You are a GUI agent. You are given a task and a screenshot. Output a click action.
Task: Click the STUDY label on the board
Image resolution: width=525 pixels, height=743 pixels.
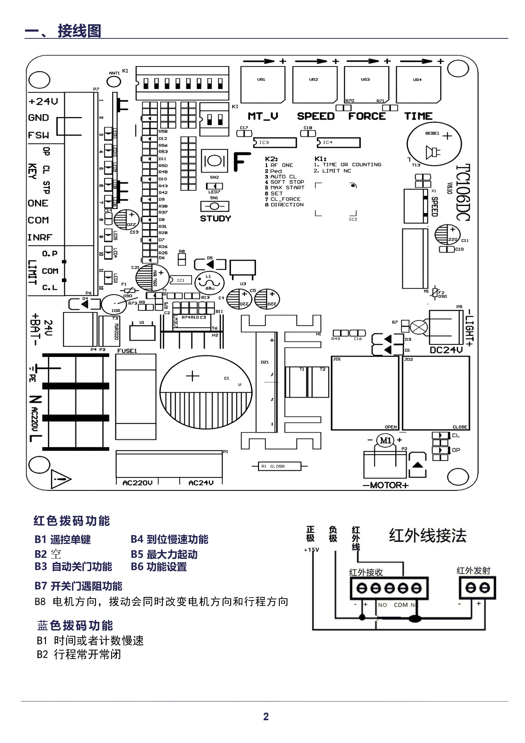215,218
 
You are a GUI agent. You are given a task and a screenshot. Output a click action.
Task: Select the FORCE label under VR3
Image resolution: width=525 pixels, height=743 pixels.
367,116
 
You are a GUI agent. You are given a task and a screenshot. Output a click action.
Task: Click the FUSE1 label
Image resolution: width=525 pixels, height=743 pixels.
127,351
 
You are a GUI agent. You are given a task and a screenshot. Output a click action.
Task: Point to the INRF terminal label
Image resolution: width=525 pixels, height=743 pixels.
40,238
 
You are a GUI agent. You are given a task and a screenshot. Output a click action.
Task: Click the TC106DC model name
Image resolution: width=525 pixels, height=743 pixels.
463,192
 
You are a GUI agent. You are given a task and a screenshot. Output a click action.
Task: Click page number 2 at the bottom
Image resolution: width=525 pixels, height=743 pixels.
266,717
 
